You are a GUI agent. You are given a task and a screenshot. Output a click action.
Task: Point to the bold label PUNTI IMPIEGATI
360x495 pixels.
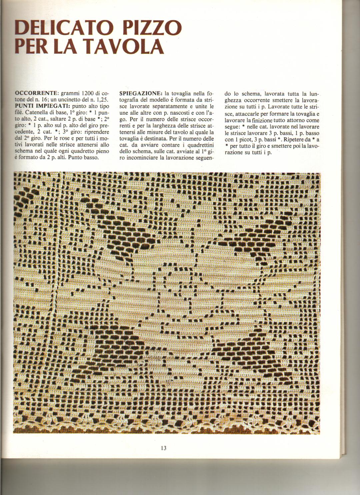point(41,105)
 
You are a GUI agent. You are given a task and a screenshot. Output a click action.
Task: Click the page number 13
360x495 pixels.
point(163,448)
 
